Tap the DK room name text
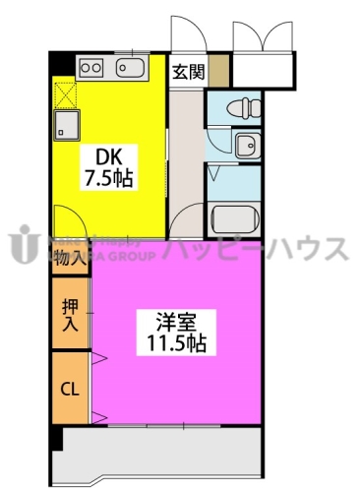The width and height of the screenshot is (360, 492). pyautogui.click(x=109, y=156)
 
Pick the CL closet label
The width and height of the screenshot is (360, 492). pyautogui.click(x=69, y=389)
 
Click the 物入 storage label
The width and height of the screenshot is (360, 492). pyautogui.click(x=69, y=260)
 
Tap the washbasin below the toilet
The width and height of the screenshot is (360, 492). pyautogui.click(x=246, y=146)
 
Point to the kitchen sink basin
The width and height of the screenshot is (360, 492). pyautogui.click(x=131, y=68)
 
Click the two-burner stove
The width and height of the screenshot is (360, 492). pyautogui.click(x=91, y=68)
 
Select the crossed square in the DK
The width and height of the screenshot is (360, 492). pyautogui.click(x=66, y=95)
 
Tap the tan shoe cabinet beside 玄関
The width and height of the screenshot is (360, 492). pyautogui.click(x=218, y=70)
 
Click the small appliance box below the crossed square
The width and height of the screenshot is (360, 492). pyautogui.click(x=66, y=125)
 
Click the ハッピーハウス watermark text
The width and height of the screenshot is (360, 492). pyautogui.click(x=260, y=248)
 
